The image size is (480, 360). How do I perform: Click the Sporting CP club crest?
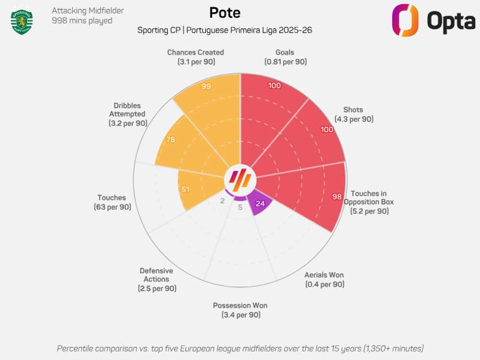click(x=22, y=21)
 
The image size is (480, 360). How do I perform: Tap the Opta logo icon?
click(x=405, y=21)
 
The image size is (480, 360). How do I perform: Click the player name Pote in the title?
click(x=225, y=13)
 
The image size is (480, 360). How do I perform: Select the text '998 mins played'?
click(x=82, y=21)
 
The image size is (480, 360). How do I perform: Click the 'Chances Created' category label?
click(x=195, y=52)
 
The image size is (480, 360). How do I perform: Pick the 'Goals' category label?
click(x=285, y=52)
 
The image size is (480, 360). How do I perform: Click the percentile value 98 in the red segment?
click(x=337, y=197)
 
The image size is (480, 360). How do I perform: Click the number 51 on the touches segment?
click(x=185, y=189)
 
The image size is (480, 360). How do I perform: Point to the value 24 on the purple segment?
click(x=260, y=203)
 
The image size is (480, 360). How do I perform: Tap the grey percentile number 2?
click(x=222, y=201)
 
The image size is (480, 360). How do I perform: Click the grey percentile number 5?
click(x=240, y=207)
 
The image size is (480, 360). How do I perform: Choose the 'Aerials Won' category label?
click(x=324, y=275)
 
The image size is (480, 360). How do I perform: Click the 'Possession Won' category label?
click(x=240, y=306)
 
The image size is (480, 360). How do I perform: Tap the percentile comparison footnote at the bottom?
click(x=240, y=348)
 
